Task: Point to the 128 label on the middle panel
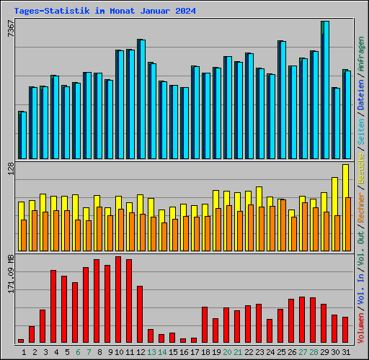11,169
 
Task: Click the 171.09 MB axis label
11,275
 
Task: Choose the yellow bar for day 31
345,180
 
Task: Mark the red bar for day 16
183,340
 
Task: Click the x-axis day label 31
346,352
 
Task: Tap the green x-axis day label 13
151,352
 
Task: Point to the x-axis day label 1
25,352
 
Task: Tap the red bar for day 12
140,314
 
